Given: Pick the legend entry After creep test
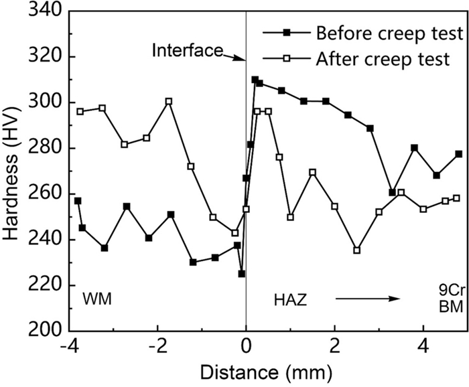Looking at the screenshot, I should pyautogui.click(x=383, y=59).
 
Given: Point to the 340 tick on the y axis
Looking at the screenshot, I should pyautogui.click(x=46, y=11).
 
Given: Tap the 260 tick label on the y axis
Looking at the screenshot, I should pyautogui.click(x=46, y=194).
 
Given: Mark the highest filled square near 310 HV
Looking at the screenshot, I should pyautogui.click(x=255, y=80).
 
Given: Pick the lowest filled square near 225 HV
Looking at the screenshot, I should pyautogui.click(x=241, y=274).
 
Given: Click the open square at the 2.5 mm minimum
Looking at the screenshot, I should pyautogui.click(x=356, y=250).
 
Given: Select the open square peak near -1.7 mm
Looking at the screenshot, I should pyautogui.click(x=169, y=101).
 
